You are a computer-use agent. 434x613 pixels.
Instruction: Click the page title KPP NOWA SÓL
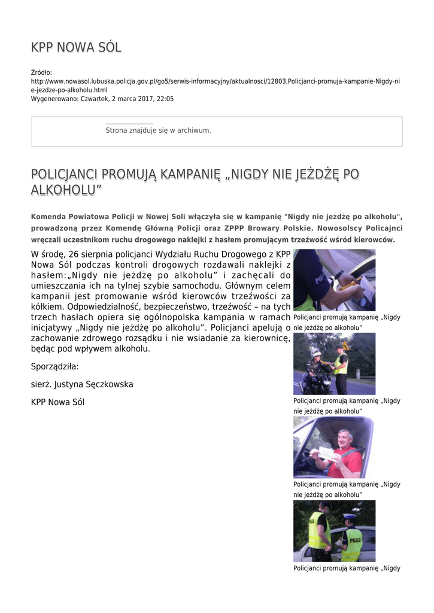point(76,48)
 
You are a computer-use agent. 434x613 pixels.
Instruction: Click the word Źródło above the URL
point(41,72)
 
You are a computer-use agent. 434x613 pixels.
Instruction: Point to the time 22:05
point(165,99)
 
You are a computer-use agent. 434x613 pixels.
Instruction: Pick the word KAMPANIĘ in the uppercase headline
point(185,175)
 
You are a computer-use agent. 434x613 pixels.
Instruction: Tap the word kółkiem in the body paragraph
point(47,306)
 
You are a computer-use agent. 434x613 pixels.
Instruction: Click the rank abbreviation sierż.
point(41,384)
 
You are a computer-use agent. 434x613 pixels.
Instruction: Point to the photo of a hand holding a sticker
point(334,280)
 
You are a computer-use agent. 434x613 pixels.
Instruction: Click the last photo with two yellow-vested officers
point(334,531)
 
